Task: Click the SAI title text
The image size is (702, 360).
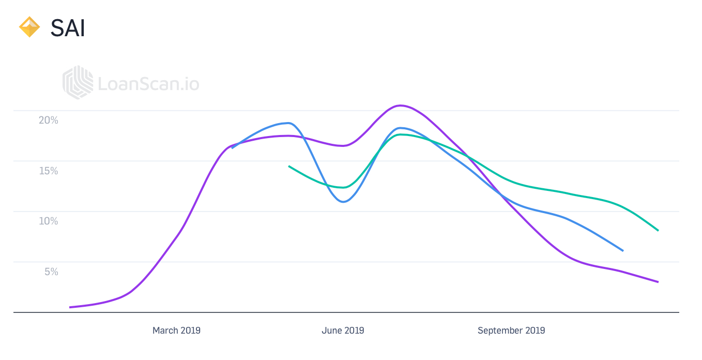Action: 68,28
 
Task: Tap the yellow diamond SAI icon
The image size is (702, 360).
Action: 29,27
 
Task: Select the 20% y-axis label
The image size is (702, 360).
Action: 49,120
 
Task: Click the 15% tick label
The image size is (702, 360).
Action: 49,171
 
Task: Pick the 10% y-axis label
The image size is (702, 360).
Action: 49,221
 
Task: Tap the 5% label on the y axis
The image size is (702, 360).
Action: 51,272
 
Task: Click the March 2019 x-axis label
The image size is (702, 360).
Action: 176,331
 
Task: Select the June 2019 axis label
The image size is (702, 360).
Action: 343,331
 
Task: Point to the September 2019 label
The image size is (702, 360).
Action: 511,331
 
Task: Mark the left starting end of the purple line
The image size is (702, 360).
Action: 70,307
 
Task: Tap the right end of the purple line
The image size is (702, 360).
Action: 658,282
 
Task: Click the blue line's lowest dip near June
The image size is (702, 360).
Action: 343,202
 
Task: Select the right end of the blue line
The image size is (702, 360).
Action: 623,251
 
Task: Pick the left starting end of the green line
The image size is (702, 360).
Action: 289,166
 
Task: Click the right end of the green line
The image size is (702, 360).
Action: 658,231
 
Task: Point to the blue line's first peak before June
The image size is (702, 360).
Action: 288,123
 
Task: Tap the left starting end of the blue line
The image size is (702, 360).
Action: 232,148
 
